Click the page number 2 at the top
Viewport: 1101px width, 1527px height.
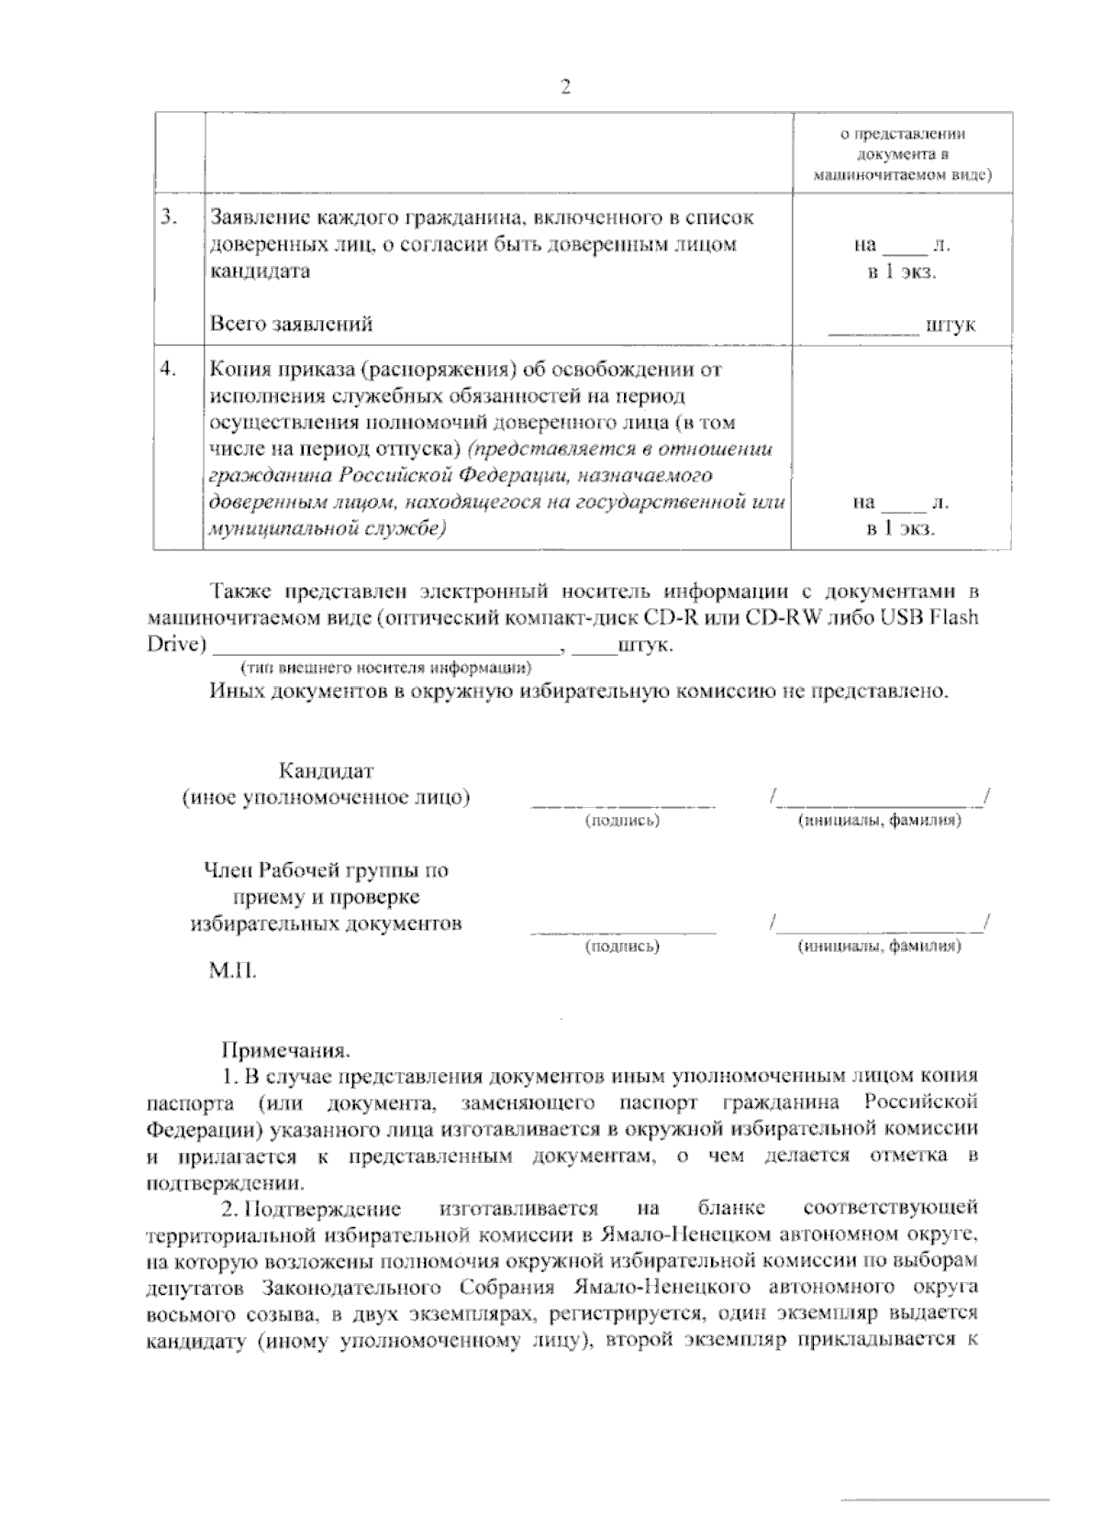click(564, 87)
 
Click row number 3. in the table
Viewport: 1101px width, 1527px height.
click(168, 217)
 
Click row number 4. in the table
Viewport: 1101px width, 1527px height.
click(168, 369)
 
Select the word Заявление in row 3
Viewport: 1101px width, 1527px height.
click(260, 218)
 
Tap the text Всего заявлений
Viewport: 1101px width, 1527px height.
click(292, 324)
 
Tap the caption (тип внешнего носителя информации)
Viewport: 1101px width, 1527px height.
click(386, 667)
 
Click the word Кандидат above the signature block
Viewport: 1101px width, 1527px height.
click(326, 770)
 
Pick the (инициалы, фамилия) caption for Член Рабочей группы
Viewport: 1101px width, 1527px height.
click(880, 946)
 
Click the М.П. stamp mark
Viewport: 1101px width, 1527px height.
click(233, 970)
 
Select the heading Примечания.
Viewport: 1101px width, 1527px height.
click(286, 1048)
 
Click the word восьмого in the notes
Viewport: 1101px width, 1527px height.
click(187, 1314)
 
